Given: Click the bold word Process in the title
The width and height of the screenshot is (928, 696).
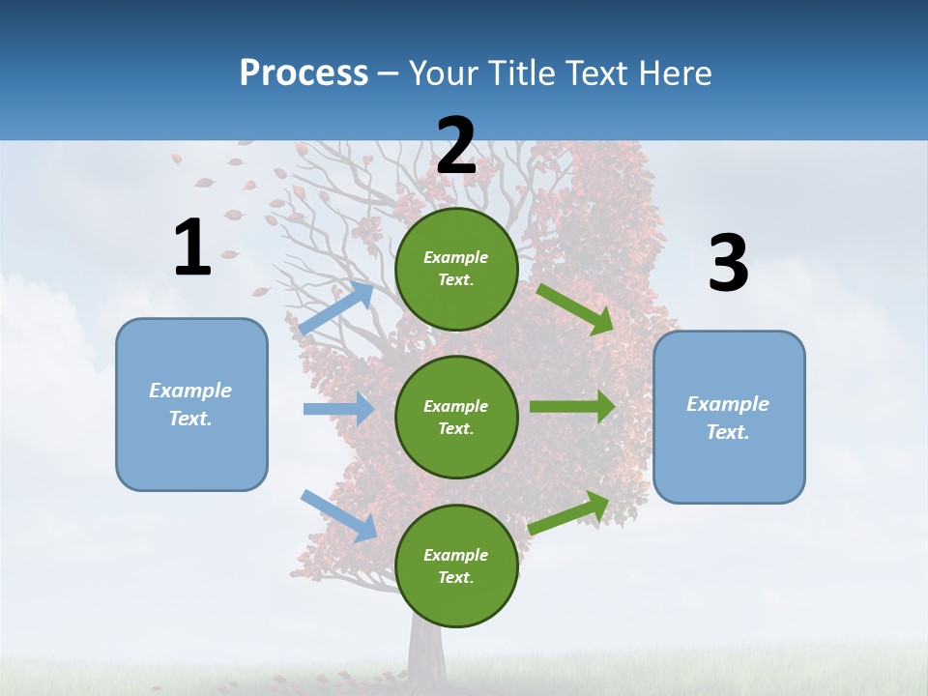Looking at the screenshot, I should tap(304, 72).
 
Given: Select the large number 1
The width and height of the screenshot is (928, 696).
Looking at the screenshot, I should tap(192, 248).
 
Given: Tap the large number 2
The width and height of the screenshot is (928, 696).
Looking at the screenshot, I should tap(456, 146).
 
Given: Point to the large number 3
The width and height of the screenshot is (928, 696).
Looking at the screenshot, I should tap(728, 264).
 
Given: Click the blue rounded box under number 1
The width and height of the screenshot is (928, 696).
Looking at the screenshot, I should tap(191, 404).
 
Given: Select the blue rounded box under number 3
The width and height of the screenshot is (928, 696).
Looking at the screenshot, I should tap(729, 417).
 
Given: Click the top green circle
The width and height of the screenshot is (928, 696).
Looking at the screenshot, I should tap(456, 269).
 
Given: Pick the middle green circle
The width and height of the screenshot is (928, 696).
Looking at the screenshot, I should tap(456, 417).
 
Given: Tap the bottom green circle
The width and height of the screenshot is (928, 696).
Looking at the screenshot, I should tap(456, 565).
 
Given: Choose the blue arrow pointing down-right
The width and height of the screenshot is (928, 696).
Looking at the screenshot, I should tap(339, 514).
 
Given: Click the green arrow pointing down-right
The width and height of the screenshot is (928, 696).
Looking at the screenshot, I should tap(576, 309).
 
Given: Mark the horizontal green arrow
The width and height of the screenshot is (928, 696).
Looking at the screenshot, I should tap(572, 406).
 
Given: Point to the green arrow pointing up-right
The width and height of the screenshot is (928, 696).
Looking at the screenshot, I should tap(569, 512).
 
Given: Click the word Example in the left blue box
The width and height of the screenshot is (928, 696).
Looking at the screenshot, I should tap(190, 391).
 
